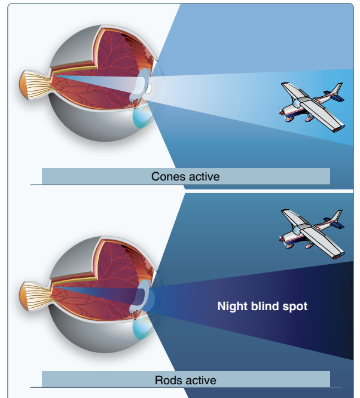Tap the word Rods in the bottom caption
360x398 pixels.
[x=168, y=380]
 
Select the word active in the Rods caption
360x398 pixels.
[x=199, y=380]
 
